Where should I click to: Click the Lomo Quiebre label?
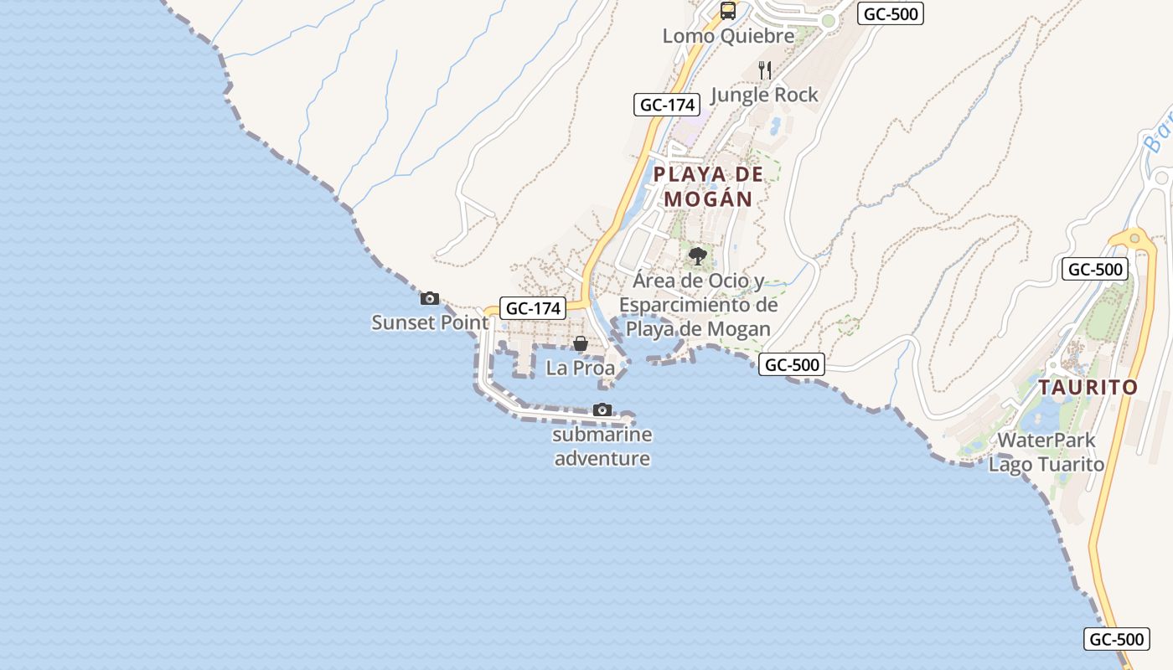tap(728, 36)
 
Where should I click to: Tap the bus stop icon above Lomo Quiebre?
tap(728, 11)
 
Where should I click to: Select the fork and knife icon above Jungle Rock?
tap(764, 70)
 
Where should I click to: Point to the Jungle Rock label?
tap(764, 95)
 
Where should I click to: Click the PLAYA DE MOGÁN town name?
tap(708, 187)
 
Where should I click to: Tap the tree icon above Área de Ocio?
tap(697, 255)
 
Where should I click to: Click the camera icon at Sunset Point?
tap(430, 298)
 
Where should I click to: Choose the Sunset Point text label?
tap(430, 322)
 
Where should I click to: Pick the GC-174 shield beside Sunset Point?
tap(533, 308)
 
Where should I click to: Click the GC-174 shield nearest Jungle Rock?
tap(666, 105)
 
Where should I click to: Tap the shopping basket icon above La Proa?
tap(580, 343)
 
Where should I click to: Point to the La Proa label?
tap(580, 368)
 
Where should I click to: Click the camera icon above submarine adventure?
tap(602, 410)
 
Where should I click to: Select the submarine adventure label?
tap(602, 446)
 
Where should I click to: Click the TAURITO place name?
tap(1088, 388)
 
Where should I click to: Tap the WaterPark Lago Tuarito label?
tap(1046, 451)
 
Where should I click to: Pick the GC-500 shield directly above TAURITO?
tap(1094, 270)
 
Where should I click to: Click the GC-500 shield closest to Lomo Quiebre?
tap(890, 14)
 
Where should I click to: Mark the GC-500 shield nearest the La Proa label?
tap(791, 364)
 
